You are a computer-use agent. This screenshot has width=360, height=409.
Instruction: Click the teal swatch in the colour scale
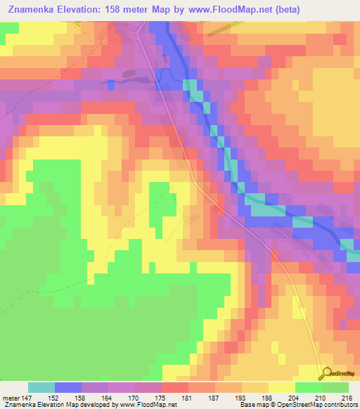coord(41,387)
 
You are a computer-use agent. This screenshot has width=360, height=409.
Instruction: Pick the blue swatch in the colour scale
coord(68,387)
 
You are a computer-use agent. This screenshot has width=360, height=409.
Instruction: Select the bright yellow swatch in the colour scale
coord(282,387)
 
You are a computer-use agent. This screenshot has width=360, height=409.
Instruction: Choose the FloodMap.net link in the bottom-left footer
coord(150,405)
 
